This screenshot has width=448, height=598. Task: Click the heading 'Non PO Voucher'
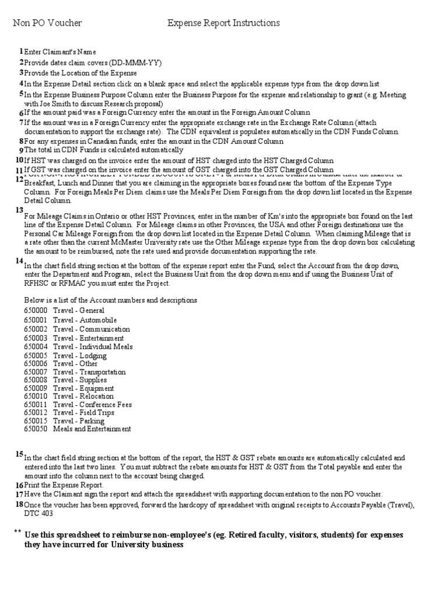click(47, 23)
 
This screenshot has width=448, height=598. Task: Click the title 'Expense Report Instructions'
click(223, 23)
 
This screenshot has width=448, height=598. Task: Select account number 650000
click(36, 311)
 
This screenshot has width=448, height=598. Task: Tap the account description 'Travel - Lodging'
click(79, 356)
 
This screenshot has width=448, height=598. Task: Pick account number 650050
click(36, 429)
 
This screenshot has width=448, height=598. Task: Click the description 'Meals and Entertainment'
click(92, 429)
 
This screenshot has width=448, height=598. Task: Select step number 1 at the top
click(20, 51)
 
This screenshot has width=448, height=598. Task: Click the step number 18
click(20, 503)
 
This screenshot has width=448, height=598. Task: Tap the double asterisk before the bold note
click(17, 532)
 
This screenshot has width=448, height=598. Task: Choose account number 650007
click(36, 372)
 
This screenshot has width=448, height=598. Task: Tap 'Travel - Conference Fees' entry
click(92, 404)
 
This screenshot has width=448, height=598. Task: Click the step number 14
click(20, 260)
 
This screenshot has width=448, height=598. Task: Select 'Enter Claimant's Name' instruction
click(60, 53)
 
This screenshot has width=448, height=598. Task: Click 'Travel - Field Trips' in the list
click(83, 412)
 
